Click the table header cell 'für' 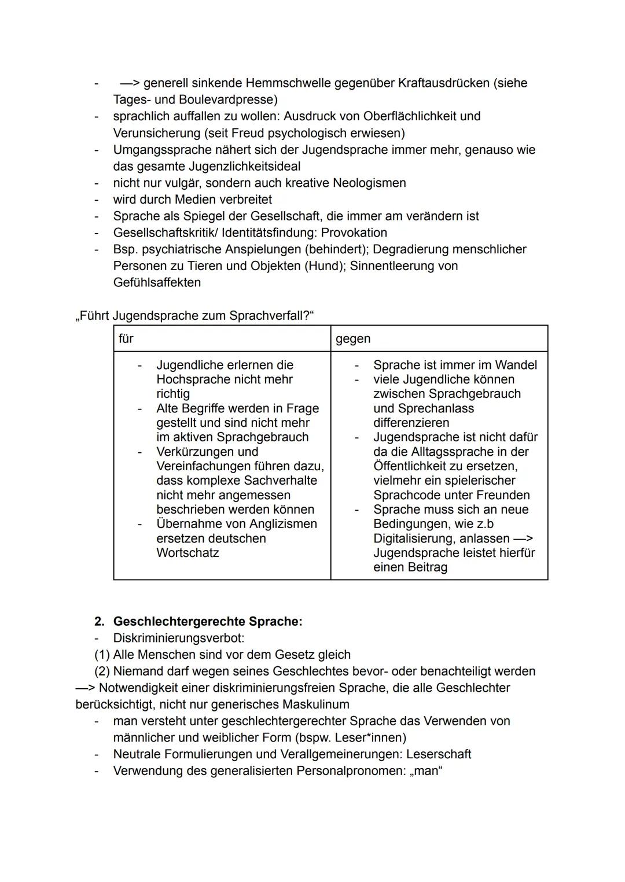click(126, 339)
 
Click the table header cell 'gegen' click(353, 339)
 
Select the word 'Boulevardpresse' click(226, 99)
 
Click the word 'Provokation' click(354, 233)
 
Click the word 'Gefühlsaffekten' click(157, 282)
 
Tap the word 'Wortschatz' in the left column click(187, 553)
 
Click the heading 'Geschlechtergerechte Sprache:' click(208, 621)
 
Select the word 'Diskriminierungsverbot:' click(179, 638)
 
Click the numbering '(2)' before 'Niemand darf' click(102, 671)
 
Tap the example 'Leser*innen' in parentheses click(369, 738)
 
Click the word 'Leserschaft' click(439, 754)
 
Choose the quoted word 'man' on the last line click(428, 771)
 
